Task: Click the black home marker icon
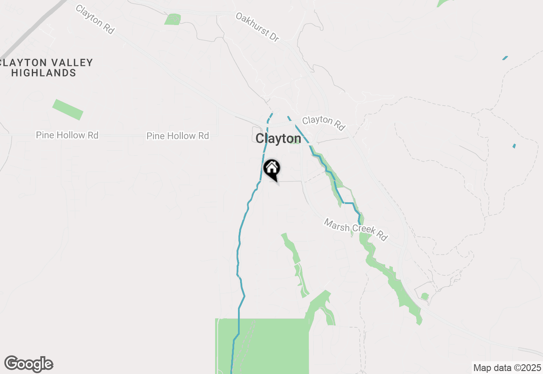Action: (271, 168)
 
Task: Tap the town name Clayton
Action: (278, 139)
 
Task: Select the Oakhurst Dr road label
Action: (258, 27)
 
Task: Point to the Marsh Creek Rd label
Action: (356, 229)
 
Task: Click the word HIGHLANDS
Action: (44, 73)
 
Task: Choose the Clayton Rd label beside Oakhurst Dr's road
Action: (323, 122)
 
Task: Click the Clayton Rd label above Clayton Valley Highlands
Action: (95, 19)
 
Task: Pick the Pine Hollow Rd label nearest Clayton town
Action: (177, 136)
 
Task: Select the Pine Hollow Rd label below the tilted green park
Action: (67, 135)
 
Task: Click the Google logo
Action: (29, 364)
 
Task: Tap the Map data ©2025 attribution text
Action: (507, 368)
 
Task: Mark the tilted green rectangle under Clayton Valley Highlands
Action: (68, 110)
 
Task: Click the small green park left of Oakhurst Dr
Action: (173, 19)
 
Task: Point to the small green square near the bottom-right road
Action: (425, 296)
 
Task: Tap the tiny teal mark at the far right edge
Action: (514, 146)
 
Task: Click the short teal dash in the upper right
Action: (505, 58)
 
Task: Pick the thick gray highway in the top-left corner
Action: (30, 30)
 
